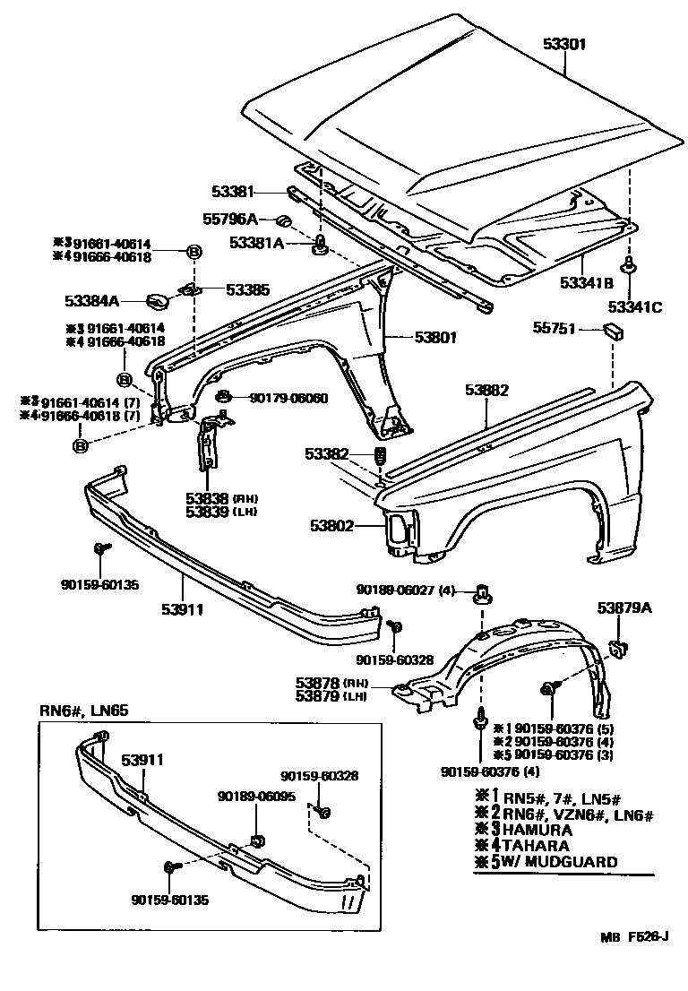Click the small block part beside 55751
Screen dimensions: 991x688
(x=614, y=332)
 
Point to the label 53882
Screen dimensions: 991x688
(x=486, y=391)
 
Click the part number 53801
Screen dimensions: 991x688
(x=435, y=338)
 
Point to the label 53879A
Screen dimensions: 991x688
(x=624, y=609)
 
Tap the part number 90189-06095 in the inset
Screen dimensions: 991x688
(x=256, y=796)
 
